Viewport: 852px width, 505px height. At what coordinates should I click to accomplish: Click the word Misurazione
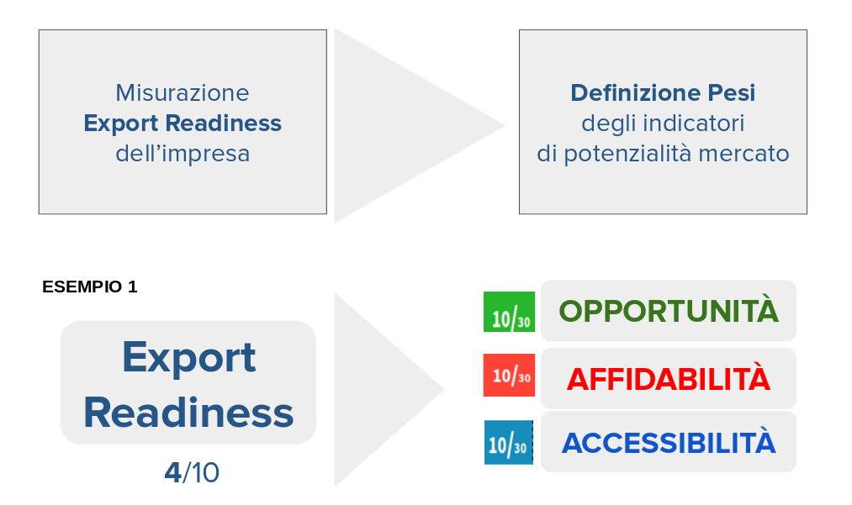tap(182, 93)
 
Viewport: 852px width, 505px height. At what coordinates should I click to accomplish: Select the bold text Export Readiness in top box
tap(183, 124)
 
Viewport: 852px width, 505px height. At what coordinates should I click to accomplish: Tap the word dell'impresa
tap(183, 154)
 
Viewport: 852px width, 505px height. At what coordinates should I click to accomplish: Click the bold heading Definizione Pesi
tap(663, 93)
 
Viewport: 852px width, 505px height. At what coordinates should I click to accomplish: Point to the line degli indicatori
tap(663, 124)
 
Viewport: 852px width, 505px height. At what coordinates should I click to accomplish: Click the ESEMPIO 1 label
tap(90, 287)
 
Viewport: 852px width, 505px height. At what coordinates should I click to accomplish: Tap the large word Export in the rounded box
tap(188, 358)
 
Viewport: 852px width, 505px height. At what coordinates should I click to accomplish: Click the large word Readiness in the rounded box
tap(188, 413)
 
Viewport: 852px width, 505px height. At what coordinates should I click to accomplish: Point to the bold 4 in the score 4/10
tap(172, 472)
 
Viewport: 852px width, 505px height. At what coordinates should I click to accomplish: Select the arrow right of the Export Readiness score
tap(389, 389)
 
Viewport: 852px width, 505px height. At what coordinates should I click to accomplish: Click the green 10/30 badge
tap(509, 312)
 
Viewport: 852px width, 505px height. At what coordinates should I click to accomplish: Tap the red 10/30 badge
tap(509, 376)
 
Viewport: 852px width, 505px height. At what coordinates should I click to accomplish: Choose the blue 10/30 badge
tap(509, 443)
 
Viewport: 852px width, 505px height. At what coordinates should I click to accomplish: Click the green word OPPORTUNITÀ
tap(669, 311)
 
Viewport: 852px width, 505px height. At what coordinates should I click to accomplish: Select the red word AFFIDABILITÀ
tap(669, 378)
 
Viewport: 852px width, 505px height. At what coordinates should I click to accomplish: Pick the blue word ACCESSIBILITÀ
tap(669, 443)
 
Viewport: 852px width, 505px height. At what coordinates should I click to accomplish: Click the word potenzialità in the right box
tap(629, 155)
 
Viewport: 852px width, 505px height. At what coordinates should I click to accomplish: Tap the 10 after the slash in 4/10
tap(205, 472)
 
